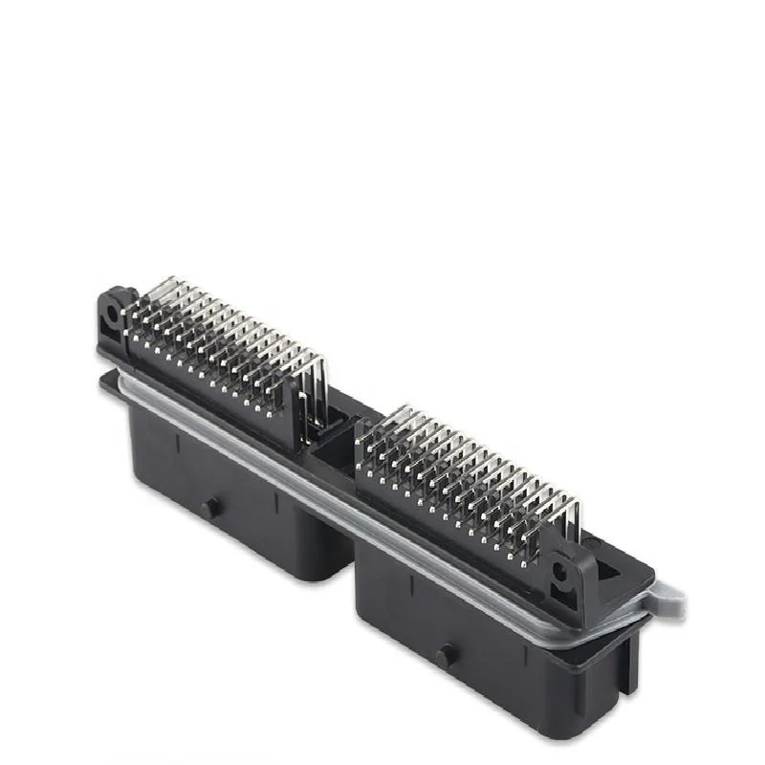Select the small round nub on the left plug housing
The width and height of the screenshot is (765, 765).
[208, 508]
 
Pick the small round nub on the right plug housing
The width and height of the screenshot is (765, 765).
[446, 657]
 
